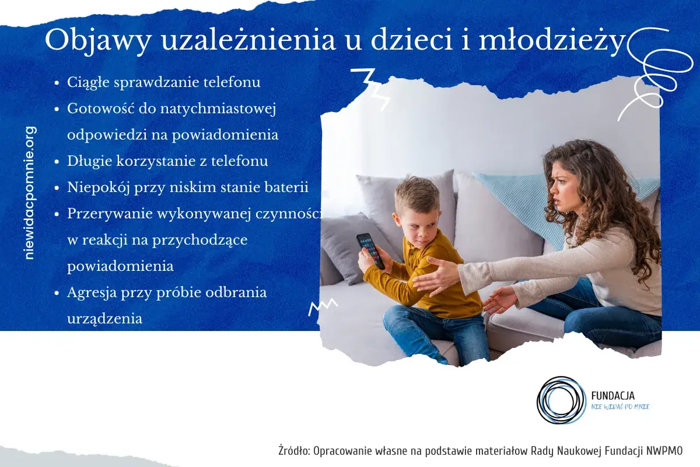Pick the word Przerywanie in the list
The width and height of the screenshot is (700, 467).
point(110,214)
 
